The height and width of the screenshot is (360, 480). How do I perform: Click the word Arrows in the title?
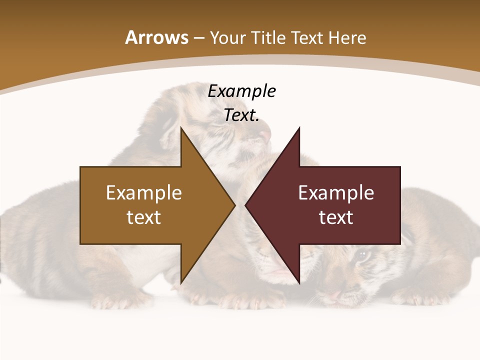coord(156,38)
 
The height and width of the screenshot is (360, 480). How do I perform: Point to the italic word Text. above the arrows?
coord(241,115)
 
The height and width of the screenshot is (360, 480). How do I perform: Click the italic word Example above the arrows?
coord(241,91)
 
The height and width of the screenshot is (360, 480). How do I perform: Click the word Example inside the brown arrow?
coord(144,193)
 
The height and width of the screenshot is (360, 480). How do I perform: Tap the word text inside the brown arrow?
coord(144,217)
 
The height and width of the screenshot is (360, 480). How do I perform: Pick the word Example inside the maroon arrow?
coord(336,193)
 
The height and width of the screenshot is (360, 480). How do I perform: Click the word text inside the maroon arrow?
coord(336,217)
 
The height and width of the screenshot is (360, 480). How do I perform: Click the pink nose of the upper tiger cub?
coord(264,135)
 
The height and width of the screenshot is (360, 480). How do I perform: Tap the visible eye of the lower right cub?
coord(363,255)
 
